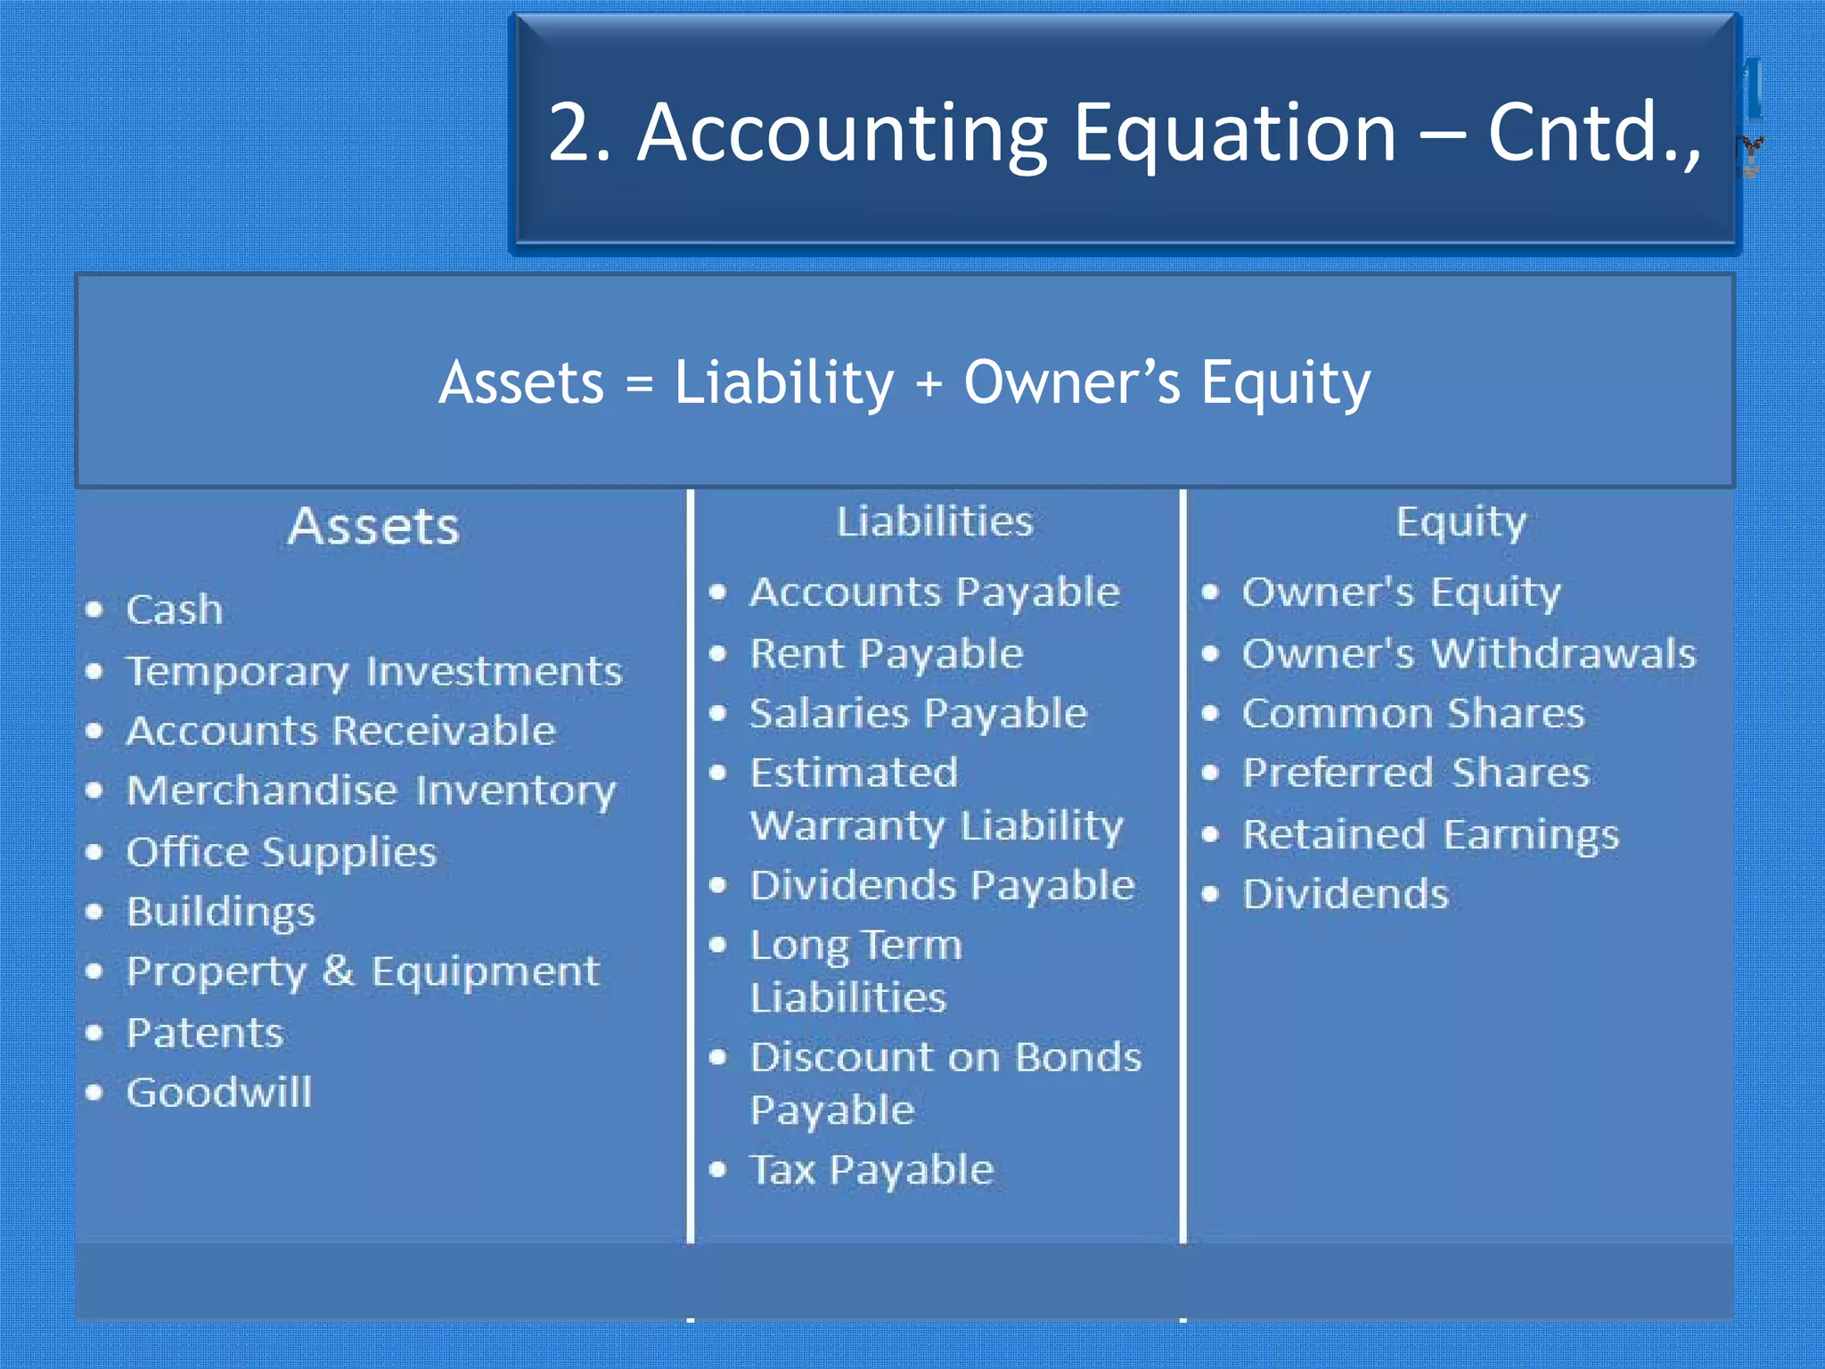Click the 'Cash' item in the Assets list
174,610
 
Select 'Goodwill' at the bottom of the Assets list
219,1092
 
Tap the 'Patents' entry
205,1033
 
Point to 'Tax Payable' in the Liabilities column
872,1169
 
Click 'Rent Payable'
887,653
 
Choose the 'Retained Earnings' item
1430,835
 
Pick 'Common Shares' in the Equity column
1413,713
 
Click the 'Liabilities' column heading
935,521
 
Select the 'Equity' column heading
1461,522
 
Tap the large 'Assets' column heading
373,526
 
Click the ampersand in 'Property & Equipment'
338,971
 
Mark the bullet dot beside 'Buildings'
95,912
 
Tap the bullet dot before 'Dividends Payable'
718,885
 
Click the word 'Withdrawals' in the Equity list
1563,653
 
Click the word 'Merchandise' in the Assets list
262,791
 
